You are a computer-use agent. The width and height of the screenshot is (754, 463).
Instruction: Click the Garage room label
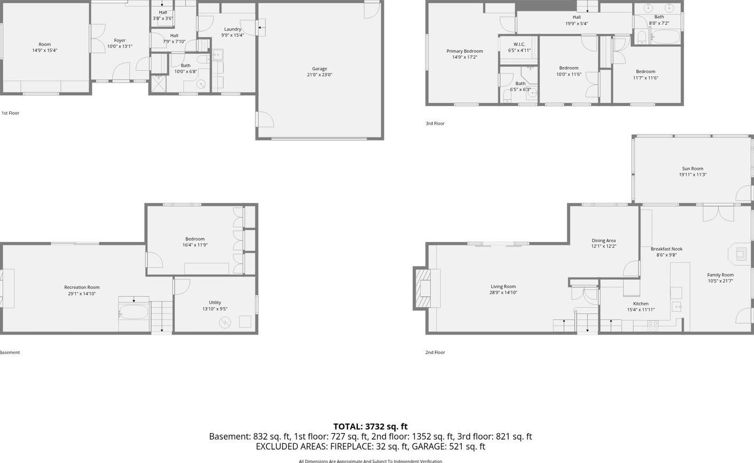319,69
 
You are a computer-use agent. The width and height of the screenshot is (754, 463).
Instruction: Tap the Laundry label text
232,29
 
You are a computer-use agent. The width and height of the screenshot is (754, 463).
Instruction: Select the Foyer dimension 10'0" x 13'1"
120,46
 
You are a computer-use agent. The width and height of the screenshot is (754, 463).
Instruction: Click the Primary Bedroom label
464,51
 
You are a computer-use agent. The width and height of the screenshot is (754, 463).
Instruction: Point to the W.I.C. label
519,44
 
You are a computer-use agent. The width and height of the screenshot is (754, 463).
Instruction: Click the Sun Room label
692,168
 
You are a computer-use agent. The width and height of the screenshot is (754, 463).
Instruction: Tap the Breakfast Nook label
667,249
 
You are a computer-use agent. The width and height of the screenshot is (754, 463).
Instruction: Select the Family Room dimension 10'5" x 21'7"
720,281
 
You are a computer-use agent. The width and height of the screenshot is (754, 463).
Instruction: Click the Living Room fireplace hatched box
423,288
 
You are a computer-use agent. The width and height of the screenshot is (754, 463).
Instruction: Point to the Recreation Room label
82,287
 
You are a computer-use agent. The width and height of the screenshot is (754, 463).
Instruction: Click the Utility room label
215,302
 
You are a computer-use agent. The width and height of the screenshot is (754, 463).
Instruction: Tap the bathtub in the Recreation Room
134,312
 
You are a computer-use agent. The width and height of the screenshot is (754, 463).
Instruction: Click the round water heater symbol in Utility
224,323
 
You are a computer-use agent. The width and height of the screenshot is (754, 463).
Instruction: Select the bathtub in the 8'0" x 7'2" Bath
665,37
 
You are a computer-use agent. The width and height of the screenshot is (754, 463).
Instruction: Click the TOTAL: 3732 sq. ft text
370,426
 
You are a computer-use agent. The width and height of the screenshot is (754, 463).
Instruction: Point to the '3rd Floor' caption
435,124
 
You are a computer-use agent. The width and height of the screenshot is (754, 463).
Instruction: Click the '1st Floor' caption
11,113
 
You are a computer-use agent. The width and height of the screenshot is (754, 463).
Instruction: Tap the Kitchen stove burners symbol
653,326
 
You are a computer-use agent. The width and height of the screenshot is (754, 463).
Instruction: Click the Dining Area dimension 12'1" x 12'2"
604,246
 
